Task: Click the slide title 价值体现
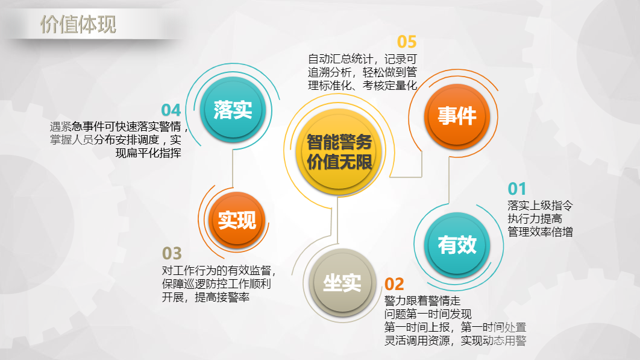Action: pos(78,25)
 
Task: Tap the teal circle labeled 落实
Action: pos(233,110)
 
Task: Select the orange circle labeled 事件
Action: pos(457,116)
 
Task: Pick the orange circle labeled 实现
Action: pos(237,220)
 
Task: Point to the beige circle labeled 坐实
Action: pos(342,283)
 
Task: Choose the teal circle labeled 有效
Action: pos(457,245)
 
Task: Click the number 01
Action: pos(516,189)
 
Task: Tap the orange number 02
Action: pos(394,284)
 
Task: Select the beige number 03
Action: pos(172,253)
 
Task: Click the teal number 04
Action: pos(171,110)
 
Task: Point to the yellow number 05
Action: pos(407,42)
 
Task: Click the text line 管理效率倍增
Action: pos(540,232)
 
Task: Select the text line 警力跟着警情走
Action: pos(422,301)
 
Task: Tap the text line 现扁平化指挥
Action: pos(149,153)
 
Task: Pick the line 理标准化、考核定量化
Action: pos(362,86)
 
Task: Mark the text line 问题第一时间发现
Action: pos(428,314)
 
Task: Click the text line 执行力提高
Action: pos(535,219)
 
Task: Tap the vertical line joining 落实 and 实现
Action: pos(233,168)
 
